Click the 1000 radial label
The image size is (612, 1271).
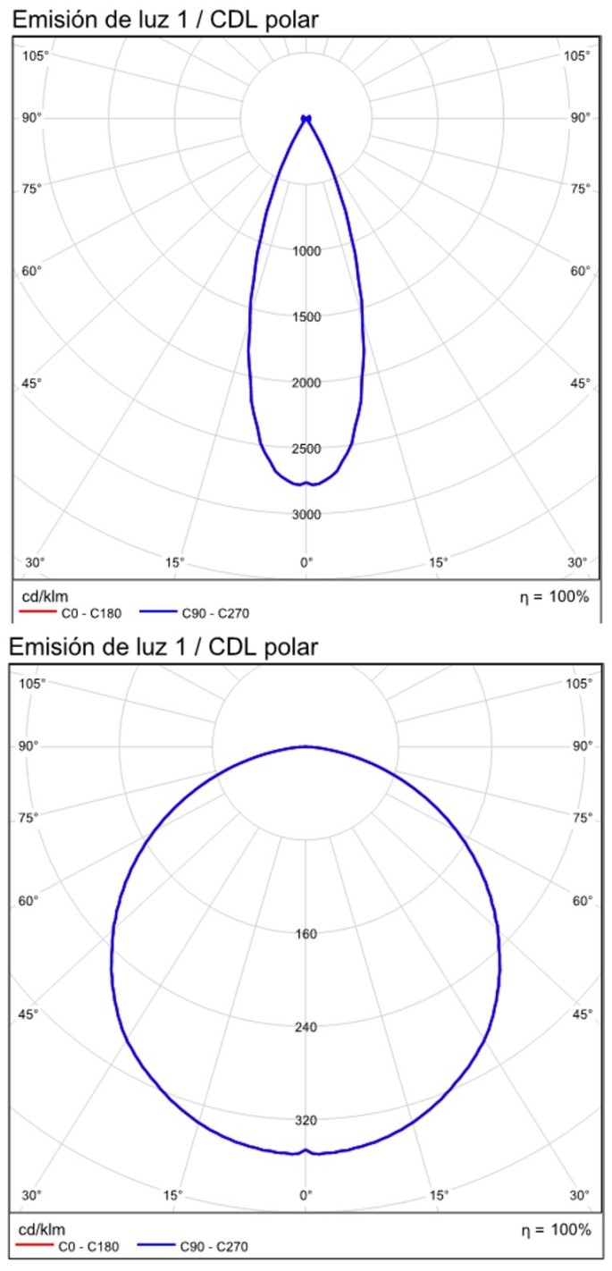(306, 251)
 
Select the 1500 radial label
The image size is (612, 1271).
(306, 317)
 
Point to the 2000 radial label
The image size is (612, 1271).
(306, 383)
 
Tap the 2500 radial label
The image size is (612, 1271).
(306, 449)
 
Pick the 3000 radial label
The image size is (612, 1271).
(306, 515)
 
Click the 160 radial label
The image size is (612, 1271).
(306, 935)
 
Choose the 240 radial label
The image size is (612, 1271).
(306, 1027)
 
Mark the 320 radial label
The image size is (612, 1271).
(306, 1120)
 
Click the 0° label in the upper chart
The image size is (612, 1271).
(306, 562)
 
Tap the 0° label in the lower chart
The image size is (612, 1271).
(306, 1195)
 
